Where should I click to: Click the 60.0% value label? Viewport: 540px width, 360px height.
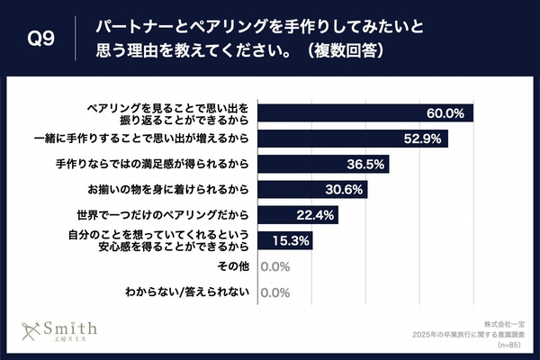(x=445, y=113)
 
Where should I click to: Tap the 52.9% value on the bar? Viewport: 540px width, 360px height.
(x=424, y=139)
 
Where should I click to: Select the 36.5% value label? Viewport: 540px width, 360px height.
(x=365, y=165)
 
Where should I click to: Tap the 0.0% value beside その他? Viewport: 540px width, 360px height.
(x=274, y=267)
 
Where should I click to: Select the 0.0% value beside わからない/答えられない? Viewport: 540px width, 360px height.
(x=274, y=292)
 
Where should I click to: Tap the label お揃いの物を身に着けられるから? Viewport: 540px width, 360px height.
(x=167, y=190)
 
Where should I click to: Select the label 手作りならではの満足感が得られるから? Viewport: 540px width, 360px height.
(x=154, y=165)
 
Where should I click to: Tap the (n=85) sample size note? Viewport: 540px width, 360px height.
(x=508, y=344)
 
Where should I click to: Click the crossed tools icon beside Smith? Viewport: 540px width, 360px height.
(x=33, y=330)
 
